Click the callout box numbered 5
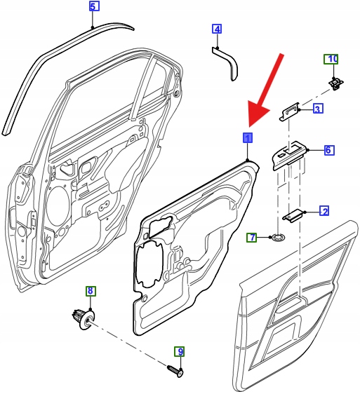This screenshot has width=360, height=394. point(94,6)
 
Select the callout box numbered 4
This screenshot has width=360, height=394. point(217,29)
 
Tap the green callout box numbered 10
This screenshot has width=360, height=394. point(331,60)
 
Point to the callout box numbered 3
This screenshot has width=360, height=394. point(318,109)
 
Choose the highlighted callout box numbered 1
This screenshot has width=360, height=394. point(248,137)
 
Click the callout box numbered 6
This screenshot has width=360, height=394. point(329,150)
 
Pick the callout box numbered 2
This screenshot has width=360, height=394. point(324,211)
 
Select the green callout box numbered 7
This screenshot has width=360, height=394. point(251,237)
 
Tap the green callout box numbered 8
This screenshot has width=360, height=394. point(91,291)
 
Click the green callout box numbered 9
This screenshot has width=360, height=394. point(180,351)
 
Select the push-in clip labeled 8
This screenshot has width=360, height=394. point(84,318)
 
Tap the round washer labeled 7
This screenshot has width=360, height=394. point(277,237)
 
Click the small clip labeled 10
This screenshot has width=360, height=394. point(336,83)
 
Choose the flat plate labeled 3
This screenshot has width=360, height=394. point(290,112)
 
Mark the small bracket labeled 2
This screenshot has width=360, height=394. point(293,215)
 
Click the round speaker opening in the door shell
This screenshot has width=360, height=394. point(58,205)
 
